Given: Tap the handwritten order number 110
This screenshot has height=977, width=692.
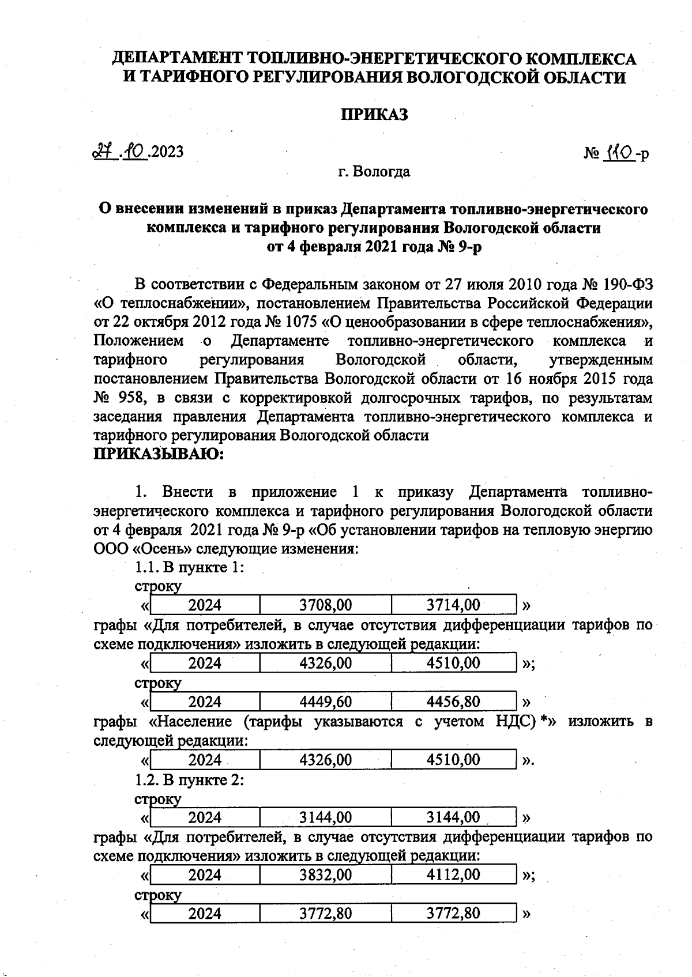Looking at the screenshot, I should tap(619, 153).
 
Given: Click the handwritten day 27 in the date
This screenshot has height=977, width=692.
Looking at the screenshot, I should tap(102, 152).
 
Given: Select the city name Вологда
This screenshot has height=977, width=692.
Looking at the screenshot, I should tap(382, 172).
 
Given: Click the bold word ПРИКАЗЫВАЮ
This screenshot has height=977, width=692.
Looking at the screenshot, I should tap(158, 454).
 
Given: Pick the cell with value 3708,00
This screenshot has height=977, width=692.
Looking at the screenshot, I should tap(325, 605).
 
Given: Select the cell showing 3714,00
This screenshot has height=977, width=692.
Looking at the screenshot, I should tap(453, 605).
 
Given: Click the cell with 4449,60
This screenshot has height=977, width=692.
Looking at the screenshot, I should tap(325, 701).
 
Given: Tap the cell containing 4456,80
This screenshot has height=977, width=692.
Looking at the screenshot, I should tap(453, 701).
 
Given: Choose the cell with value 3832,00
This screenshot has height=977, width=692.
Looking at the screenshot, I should tap(325, 874).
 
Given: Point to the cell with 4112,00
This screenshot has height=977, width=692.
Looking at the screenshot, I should tap(453, 874).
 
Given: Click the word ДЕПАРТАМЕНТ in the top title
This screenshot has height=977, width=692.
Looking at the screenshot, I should tap(176, 58).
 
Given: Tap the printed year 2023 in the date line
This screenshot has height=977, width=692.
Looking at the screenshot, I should tap(167, 152).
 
